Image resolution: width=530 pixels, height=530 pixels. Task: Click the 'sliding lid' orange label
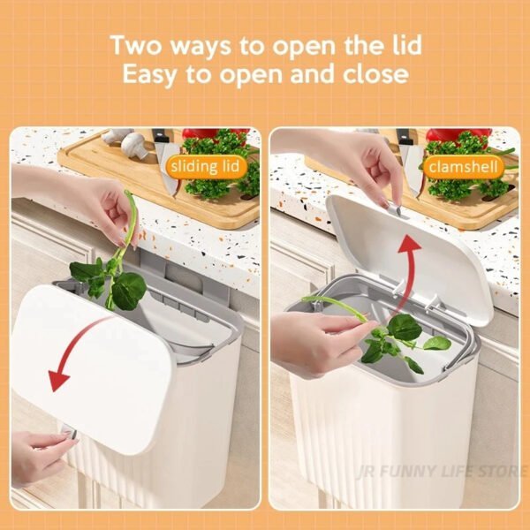point(206,166)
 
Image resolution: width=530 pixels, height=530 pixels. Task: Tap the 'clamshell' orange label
point(463,167)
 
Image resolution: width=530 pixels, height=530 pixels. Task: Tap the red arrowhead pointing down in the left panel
point(57,380)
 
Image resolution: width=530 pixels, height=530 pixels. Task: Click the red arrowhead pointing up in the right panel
point(409,245)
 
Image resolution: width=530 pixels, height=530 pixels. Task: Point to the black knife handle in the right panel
point(405,136)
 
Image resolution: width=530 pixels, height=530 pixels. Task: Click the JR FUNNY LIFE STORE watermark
point(441,471)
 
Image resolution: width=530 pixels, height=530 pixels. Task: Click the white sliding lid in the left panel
point(92,368)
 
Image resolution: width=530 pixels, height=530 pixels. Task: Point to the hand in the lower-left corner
point(41,457)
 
